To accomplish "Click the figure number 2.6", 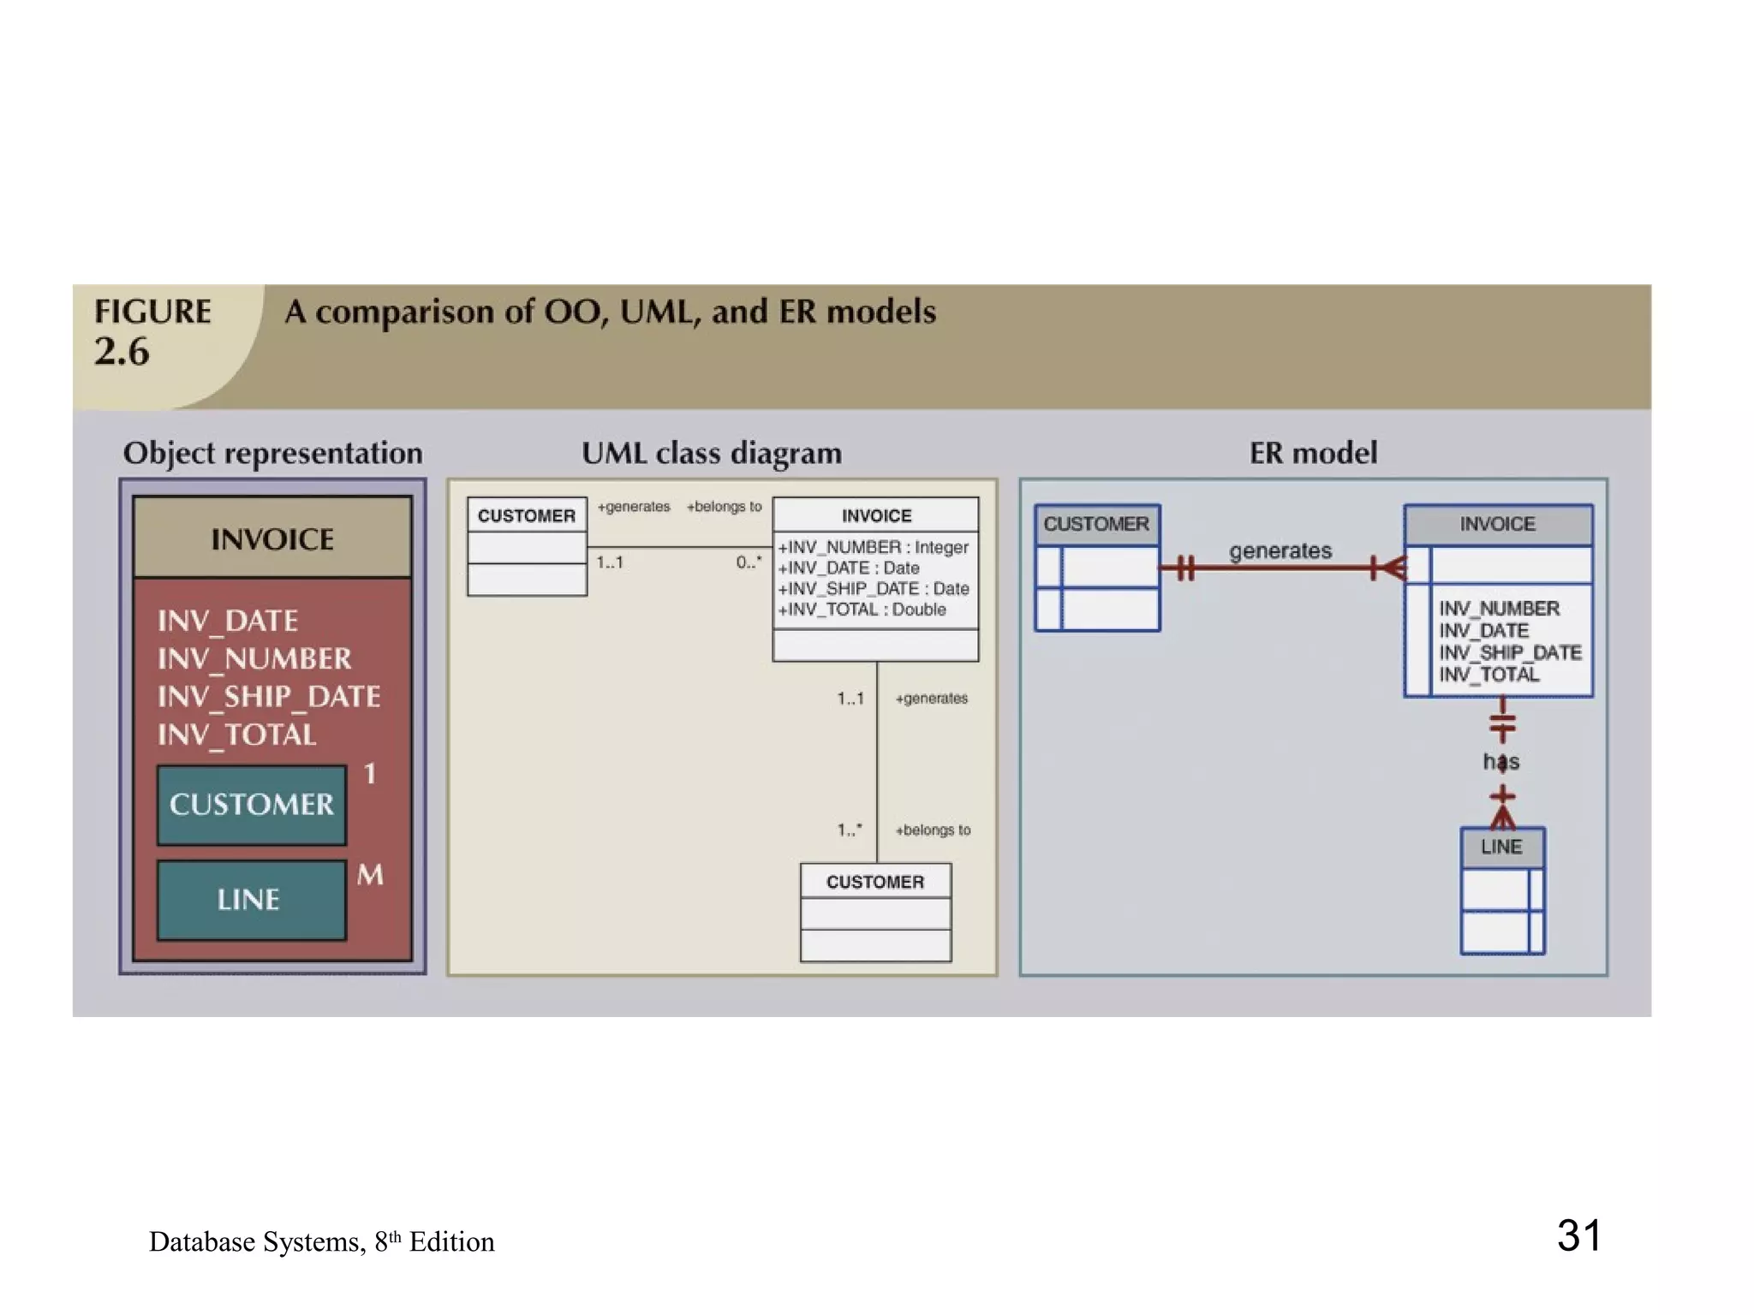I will [122, 351].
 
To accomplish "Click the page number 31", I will [1578, 1235].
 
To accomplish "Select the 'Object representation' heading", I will [272, 453].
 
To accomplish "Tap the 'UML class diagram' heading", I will [712, 453].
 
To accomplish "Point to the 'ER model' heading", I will [1313, 453].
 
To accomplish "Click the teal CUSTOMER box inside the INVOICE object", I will [252, 805].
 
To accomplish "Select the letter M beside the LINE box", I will [370, 875].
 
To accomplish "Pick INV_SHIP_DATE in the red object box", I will [269, 697].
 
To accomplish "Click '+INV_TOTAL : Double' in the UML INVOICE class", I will [862, 610].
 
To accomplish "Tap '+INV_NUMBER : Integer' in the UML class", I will [873, 547].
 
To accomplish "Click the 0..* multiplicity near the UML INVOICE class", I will [749, 562].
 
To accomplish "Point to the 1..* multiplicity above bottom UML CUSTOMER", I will [850, 830].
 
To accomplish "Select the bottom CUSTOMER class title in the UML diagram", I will [875, 882].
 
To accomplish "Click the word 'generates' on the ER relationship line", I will [1280, 550].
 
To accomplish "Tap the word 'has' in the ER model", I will [1501, 761].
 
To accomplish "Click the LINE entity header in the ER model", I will [1501, 848].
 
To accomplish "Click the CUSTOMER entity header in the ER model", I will [1096, 524].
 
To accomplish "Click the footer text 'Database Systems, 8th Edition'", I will [321, 1241].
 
